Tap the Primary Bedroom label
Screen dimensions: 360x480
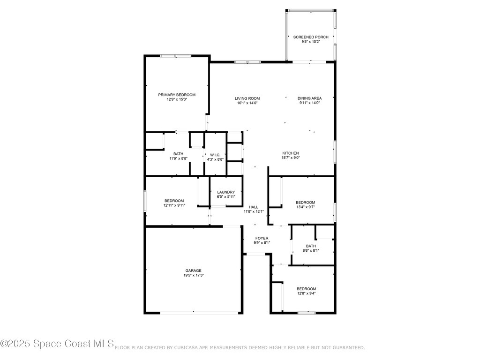(177, 95)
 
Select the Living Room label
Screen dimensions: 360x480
(247, 98)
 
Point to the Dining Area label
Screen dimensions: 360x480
(309, 98)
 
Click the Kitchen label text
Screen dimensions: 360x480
(290, 153)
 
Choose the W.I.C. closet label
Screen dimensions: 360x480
(215, 155)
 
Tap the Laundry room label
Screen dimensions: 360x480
(226, 192)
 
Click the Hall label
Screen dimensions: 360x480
(254, 207)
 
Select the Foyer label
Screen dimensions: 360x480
(262, 238)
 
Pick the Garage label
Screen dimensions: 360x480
(193, 270)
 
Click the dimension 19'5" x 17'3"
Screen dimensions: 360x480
(193, 275)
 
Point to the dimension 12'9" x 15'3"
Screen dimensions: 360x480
(177, 99)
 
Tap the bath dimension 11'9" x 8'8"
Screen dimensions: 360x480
(178, 159)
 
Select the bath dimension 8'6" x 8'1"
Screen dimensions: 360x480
(311, 250)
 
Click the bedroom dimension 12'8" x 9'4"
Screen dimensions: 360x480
(306, 293)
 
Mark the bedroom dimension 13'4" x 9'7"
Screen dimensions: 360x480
(305, 207)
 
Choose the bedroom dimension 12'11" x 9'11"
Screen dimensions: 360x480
(174, 205)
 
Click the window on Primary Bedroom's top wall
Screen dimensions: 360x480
(176, 56)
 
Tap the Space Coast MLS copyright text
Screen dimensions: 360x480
(57, 344)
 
